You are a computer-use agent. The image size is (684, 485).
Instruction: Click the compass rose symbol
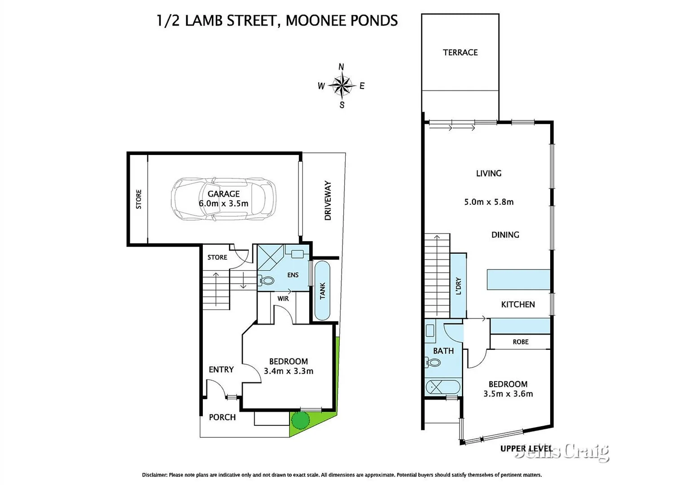click(x=342, y=85)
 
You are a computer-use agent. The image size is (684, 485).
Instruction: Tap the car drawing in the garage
click(x=224, y=199)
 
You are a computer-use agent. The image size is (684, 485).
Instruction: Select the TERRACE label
click(x=460, y=53)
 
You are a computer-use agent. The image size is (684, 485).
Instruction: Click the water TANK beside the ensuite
click(x=322, y=291)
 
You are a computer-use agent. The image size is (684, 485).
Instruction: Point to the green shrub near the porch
click(x=300, y=420)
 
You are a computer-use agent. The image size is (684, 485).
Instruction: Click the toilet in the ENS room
click(x=267, y=281)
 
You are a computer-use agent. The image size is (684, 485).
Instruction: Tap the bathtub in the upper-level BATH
click(x=443, y=387)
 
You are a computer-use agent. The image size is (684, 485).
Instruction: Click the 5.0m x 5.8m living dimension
click(x=489, y=202)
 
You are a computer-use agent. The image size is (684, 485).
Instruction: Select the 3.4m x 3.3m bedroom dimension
click(x=289, y=371)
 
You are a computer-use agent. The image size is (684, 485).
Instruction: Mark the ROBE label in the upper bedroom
click(x=520, y=342)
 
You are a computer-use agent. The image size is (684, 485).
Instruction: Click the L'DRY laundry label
click(x=458, y=286)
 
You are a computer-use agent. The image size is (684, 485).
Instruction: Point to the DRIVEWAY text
click(x=328, y=200)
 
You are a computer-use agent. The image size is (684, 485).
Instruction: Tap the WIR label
click(x=283, y=299)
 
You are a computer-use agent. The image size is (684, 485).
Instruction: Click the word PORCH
click(x=222, y=417)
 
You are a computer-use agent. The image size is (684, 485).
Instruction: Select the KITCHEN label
click(x=517, y=304)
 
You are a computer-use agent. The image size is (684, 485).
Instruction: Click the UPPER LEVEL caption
click(x=526, y=449)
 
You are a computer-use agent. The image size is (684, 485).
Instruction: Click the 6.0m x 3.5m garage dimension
click(x=224, y=203)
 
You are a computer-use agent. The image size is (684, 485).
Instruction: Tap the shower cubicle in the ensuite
click(x=270, y=257)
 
